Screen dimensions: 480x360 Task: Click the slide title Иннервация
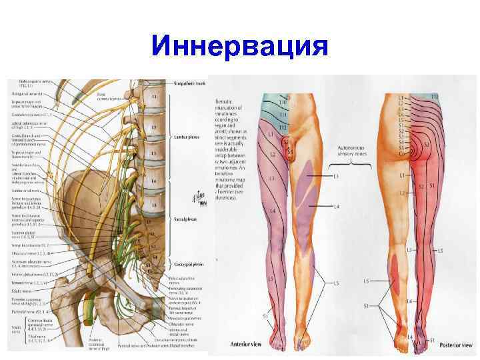[240, 47]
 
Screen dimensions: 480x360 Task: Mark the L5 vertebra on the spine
[156, 199]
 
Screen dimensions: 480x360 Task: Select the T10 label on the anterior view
[282, 103]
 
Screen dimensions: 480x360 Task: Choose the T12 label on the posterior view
[434, 97]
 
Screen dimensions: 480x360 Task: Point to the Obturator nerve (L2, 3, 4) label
[27, 254]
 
